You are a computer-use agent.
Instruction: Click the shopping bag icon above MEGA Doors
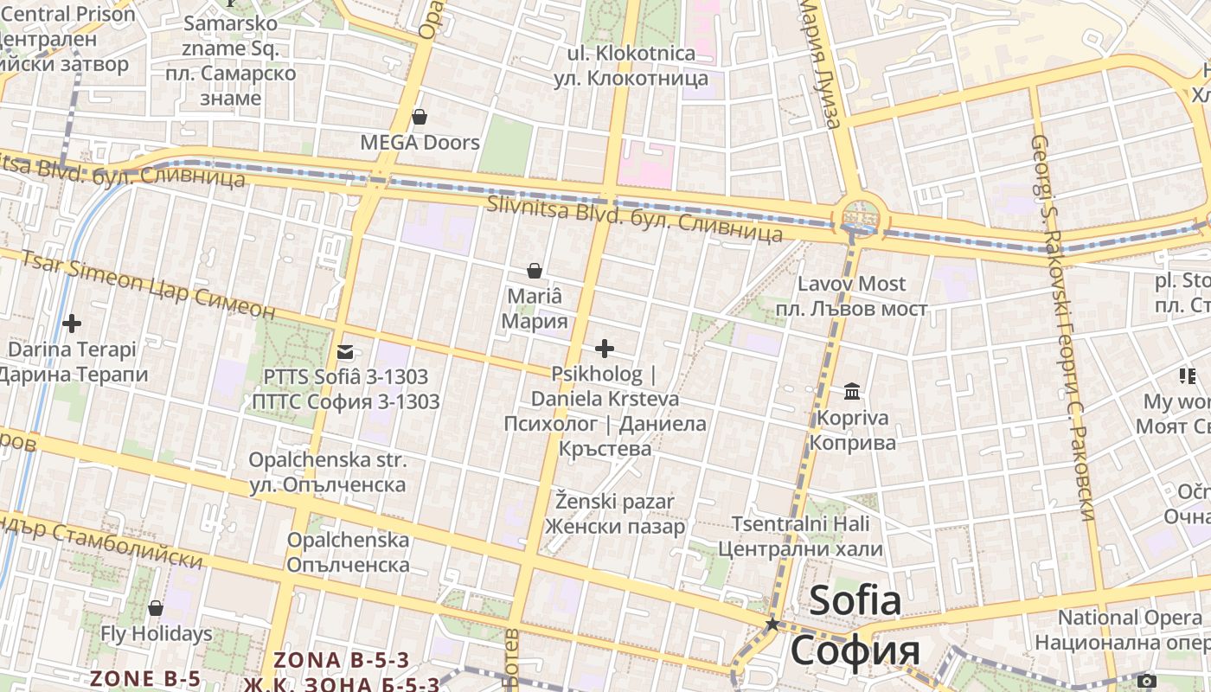(x=420, y=117)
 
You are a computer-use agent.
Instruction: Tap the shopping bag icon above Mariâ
(x=535, y=271)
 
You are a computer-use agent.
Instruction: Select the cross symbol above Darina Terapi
(x=72, y=324)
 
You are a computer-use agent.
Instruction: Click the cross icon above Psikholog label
(x=605, y=349)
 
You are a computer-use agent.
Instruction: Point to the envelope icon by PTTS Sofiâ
(x=345, y=352)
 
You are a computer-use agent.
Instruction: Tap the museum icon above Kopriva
(x=852, y=392)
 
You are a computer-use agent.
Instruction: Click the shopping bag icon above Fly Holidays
(x=156, y=608)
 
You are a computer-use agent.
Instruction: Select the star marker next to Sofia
(x=772, y=624)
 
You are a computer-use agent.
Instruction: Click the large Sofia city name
(x=855, y=600)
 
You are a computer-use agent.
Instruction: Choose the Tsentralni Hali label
(x=800, y=536)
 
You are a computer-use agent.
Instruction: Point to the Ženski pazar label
(x=614, y=513)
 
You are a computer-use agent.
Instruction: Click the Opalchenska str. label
(x=327, y=472)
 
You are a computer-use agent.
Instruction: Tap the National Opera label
(x=1130, y=630)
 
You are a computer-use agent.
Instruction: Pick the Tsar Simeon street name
(x=147, y=285)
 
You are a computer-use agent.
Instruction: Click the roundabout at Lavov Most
(x=860, y=215)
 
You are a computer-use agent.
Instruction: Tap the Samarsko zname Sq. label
(x=230, y=61)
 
